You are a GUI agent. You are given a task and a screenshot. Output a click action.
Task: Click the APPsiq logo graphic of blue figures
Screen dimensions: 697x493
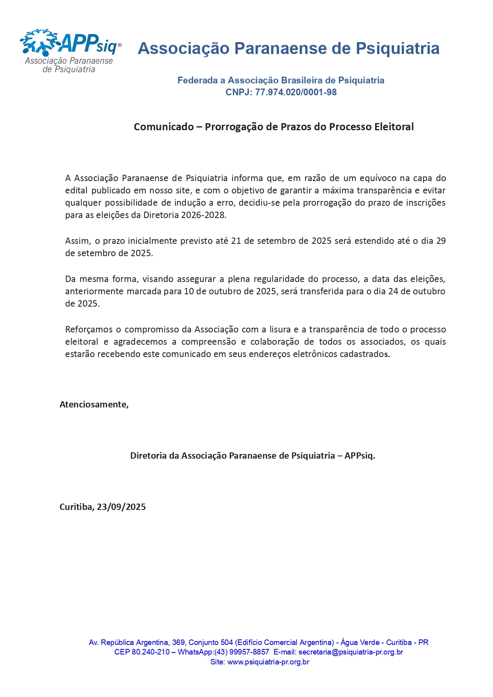(x=40, y=42)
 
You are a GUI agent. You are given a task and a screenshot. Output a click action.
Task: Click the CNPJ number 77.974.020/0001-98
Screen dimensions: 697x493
(x=296, y=93)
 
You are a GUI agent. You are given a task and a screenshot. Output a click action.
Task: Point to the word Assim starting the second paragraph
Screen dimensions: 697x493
(x=78, y=241)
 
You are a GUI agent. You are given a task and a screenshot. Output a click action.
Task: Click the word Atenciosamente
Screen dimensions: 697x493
(x=94, y=404)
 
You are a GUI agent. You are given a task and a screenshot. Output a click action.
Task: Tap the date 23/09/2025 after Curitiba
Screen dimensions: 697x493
(x=121, y=507)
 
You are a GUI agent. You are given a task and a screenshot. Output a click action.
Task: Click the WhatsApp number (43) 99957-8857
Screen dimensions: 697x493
(x=242, y=652)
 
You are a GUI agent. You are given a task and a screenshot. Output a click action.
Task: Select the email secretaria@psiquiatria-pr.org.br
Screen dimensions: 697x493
(x=350, y=652)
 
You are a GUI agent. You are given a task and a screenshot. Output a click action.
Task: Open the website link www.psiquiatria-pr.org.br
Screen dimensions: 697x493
(x=268, y=662)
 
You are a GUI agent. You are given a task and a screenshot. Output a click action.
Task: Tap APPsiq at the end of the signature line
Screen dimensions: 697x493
(x=360, y=456)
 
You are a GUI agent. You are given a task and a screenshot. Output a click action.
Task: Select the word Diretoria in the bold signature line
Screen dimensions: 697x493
(x=148, y=456)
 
